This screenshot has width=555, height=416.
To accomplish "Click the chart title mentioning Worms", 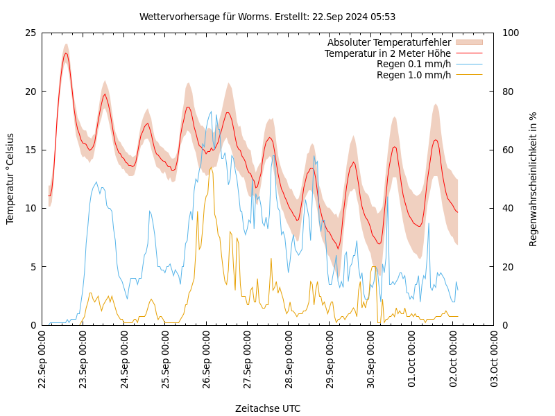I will [x=267, y=17].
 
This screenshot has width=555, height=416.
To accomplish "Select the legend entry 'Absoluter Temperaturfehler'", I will [x=388, y=42].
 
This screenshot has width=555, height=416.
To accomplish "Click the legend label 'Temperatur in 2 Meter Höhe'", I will [x=387, y=53].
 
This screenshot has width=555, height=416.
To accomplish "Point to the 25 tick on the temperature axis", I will [x=30, y=33].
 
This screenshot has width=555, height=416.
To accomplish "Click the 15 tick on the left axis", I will [x=30, y=150].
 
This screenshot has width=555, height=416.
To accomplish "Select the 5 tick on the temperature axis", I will [x=33, y=266].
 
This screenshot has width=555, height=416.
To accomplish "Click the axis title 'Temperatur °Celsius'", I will [x=10, y=179].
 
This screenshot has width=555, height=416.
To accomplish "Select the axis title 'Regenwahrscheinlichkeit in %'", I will [x=533, y=179].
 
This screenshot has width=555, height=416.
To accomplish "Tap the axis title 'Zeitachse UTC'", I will [x=268, y=408].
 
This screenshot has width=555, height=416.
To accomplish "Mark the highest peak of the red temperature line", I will [x=66, y=53].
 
